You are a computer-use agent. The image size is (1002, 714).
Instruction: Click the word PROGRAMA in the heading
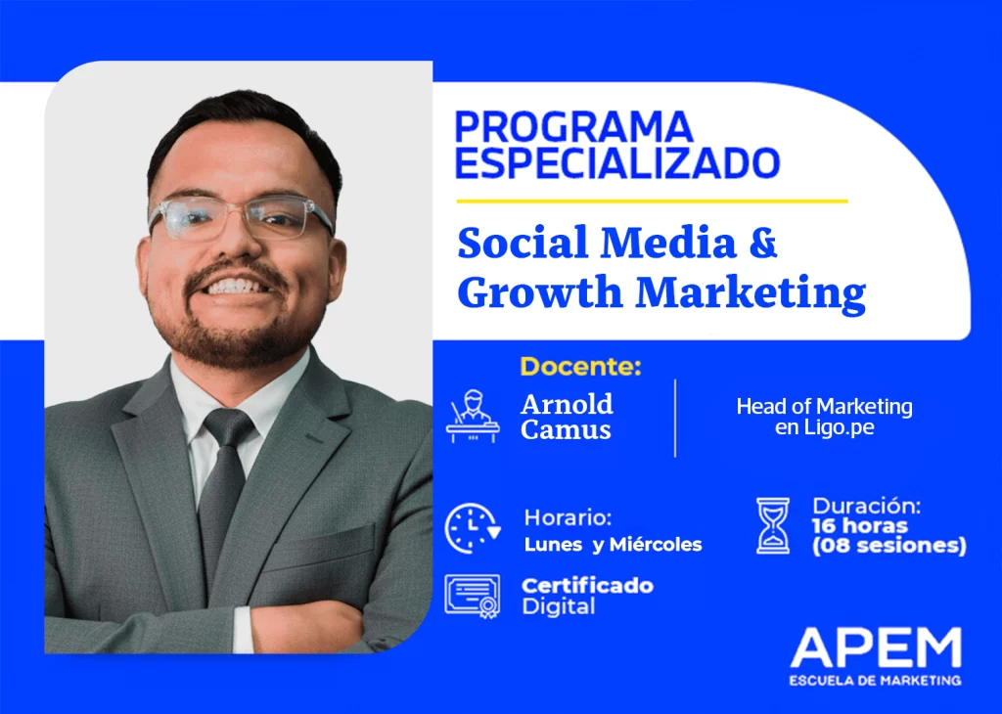click(573, 126)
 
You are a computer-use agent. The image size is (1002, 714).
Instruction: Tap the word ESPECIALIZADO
click(617, 163)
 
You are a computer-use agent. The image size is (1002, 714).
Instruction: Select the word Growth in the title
click(540, 291)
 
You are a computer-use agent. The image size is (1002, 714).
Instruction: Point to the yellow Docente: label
click(580, 367)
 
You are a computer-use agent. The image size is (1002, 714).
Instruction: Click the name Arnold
click(567, 404)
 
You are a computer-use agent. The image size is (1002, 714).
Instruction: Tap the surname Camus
click(566, 429)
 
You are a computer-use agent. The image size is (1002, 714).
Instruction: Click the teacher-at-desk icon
click(473, 417)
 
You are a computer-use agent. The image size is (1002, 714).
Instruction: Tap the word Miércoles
click(656, 544)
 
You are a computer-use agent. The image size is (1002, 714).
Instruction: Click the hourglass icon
click(773, 525)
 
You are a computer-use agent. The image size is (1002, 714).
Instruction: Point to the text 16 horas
click(859, 525)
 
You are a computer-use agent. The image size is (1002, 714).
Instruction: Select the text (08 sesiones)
click(888, 546)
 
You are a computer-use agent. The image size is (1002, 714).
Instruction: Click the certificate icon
click(473, 597)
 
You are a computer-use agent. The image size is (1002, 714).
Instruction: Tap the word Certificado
click(587, 586)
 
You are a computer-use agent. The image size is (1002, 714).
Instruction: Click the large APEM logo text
click(876, 647)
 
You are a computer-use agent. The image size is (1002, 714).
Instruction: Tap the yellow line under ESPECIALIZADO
click(652, 201)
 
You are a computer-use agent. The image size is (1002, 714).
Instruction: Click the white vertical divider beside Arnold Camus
click(675, 419)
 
